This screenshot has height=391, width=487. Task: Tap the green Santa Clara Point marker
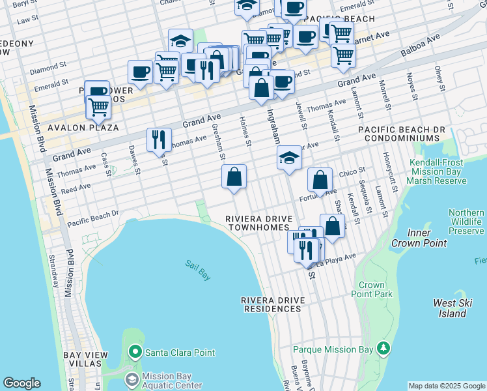tap(135, 353)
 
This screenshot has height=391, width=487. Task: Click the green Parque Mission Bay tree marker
tap(384, 349)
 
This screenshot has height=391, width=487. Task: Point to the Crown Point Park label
tap(376, 290)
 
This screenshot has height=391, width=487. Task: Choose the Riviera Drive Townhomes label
tap(258, 223)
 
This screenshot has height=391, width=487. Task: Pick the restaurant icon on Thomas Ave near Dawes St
tap(159, 139)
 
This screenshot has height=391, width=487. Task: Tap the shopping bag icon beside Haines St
tap(234, 177)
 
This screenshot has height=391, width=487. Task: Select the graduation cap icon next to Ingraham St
tap(289, 158)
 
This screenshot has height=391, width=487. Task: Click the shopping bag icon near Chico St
tap(320, 180)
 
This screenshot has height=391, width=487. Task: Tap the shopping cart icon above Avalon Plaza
tap(98, 106)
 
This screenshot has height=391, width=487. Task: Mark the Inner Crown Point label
tap(419, 238)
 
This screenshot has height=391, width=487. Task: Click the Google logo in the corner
tap(21, 383)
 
